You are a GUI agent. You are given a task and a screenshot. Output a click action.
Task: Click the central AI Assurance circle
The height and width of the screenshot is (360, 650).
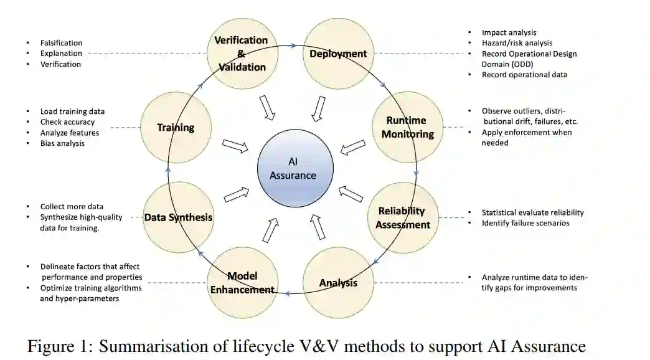(x=293, y=169)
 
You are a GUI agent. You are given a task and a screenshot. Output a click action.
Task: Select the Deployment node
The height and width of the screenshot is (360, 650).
(x=338, y=54)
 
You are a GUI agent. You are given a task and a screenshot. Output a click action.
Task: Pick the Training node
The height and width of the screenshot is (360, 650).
(x=175, y=128)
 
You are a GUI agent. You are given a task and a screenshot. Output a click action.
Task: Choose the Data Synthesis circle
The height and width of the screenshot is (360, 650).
(x=178, y=217)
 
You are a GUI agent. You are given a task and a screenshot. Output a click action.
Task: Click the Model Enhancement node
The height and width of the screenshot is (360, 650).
(x=242, y=282)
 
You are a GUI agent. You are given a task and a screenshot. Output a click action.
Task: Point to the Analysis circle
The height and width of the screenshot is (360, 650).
(x=338, y=283)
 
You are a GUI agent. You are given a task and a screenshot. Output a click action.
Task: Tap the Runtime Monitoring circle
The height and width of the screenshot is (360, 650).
(x=407, y=127)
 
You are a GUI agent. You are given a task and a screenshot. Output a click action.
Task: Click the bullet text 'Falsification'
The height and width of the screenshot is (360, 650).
(x=61, y=43)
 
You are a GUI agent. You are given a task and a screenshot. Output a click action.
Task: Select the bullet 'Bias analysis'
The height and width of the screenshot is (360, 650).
(x=62, y=143)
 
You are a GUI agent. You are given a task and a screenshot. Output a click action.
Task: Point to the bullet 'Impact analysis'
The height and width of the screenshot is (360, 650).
(x=509, y=32)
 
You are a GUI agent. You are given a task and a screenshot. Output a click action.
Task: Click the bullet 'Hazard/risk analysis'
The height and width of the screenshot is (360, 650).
(x=517, y=43)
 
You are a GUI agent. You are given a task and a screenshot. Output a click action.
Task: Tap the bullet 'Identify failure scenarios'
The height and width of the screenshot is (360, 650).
(x=525, y=223)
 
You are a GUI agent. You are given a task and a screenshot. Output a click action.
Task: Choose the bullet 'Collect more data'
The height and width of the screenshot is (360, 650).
(x=72, y=206)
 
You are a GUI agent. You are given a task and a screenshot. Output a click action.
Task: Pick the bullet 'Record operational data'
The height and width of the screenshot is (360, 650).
(x=524, y=75)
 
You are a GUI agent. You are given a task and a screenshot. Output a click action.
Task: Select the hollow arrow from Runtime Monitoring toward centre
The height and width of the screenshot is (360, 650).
(x=352, y=148)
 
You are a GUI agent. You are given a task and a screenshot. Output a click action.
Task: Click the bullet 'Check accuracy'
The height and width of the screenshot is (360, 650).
(x=67, y=122)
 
